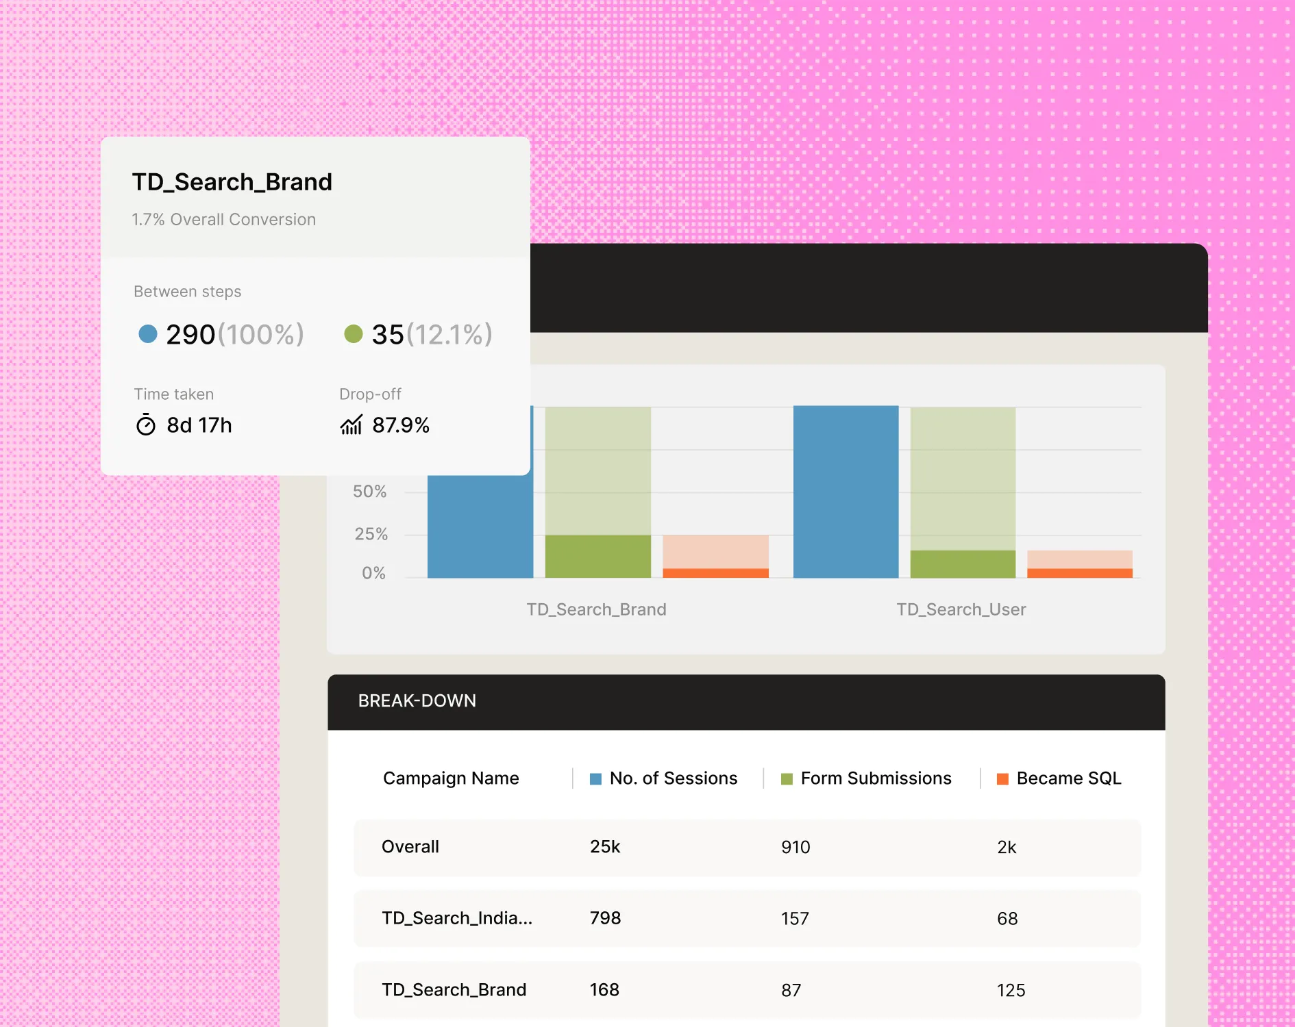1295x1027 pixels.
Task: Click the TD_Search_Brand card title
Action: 232,182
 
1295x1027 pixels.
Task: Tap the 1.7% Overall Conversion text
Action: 223,220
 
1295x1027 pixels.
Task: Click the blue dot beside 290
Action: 148,334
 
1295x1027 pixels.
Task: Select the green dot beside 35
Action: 354,334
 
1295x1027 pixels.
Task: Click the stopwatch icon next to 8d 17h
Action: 146,425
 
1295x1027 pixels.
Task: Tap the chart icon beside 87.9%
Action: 351,425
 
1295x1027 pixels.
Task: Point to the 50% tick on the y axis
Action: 369,492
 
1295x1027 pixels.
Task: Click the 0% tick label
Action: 373,573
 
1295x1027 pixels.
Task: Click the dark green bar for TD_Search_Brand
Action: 597,556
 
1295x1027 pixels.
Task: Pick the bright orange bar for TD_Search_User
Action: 1079,573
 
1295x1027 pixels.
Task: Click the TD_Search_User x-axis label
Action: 961,609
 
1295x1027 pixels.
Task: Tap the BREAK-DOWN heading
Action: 417,701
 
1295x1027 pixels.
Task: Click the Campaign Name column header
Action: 451,778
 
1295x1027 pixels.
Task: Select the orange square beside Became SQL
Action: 1002,779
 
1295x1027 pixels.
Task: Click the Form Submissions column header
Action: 876,778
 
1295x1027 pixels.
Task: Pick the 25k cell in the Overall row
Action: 605,847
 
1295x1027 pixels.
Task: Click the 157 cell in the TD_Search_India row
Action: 795,919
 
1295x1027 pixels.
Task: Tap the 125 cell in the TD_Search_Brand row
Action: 1011,991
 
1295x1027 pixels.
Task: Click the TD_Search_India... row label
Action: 456,918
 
